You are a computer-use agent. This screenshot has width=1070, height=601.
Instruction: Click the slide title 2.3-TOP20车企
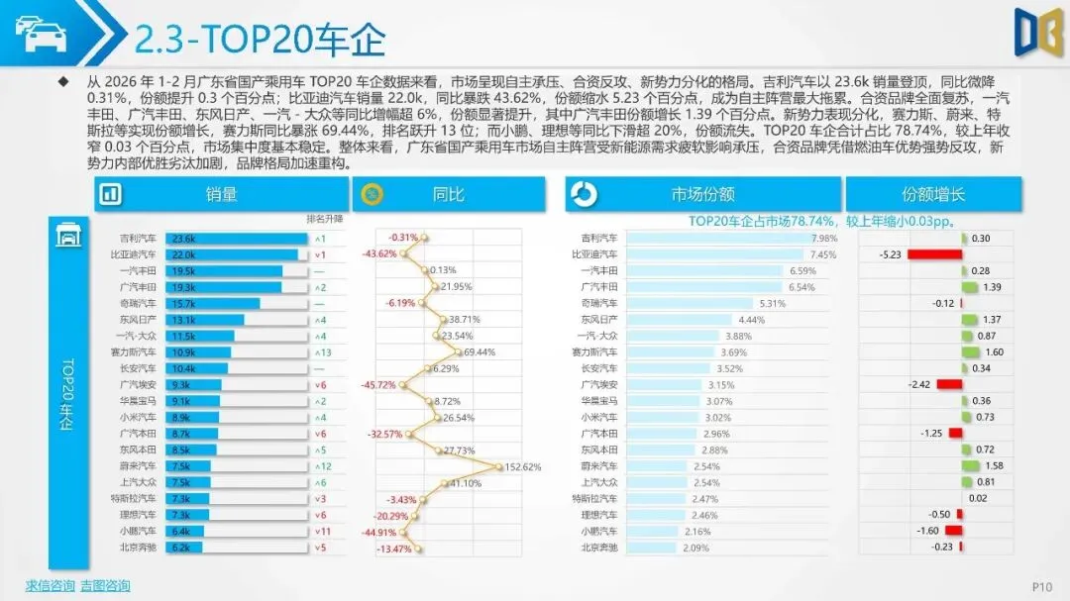tap(260, 39)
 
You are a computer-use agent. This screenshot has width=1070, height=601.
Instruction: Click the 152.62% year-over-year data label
tap(523, 466)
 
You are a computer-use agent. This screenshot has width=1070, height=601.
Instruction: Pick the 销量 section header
tap(222, 194)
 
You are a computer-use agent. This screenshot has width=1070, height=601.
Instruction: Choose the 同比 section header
tap(448, 194)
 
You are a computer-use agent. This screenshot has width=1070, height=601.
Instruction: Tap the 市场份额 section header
tap(701, 194)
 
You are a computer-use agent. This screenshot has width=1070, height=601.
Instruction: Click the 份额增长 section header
tap(933, 194)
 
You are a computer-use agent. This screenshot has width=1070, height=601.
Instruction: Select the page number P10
tap(1041, 586)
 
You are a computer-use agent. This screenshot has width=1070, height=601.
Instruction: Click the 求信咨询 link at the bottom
tap(50, 586)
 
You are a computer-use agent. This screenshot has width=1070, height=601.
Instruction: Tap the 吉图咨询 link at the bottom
tap(105, 586)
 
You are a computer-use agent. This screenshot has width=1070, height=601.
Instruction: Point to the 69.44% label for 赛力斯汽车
tap(479, 352)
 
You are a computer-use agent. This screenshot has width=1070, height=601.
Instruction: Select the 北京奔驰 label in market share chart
tap(598, 547)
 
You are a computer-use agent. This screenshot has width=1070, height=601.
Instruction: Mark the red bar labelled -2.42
tap(949, 384)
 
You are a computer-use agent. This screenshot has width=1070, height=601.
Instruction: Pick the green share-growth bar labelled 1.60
tap(970, 351)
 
